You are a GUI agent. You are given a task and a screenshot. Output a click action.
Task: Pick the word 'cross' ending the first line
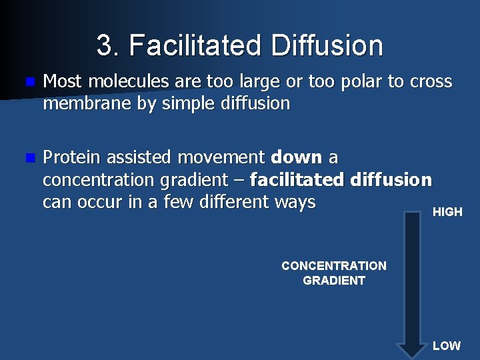coord(431,82)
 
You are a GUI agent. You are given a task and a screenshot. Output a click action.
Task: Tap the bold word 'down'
coord(297,157)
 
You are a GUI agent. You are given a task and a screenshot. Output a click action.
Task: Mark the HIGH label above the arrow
coord(447,212)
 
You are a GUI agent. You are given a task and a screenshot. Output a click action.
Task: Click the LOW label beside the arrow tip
coord(446,346)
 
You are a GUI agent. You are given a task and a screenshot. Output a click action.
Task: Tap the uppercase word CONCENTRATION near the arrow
coord(334,266)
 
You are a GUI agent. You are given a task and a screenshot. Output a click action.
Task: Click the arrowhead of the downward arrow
coord(412,348)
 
